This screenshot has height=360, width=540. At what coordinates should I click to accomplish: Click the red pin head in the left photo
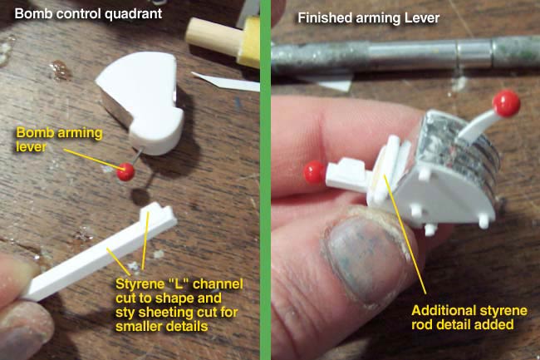point(125,171)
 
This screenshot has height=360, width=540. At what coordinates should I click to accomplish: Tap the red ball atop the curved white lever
point(506,104)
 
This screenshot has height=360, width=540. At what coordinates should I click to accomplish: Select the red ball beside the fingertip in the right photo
point(314,172)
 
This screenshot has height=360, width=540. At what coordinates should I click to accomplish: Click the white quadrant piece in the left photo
point(141,100)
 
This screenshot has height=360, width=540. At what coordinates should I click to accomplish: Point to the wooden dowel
point(213,36)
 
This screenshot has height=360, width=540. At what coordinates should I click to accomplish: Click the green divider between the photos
point(266,180)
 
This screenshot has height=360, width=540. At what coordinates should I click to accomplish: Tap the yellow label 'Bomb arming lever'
point(59,140)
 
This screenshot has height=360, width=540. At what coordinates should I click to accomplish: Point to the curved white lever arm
point(478,126)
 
